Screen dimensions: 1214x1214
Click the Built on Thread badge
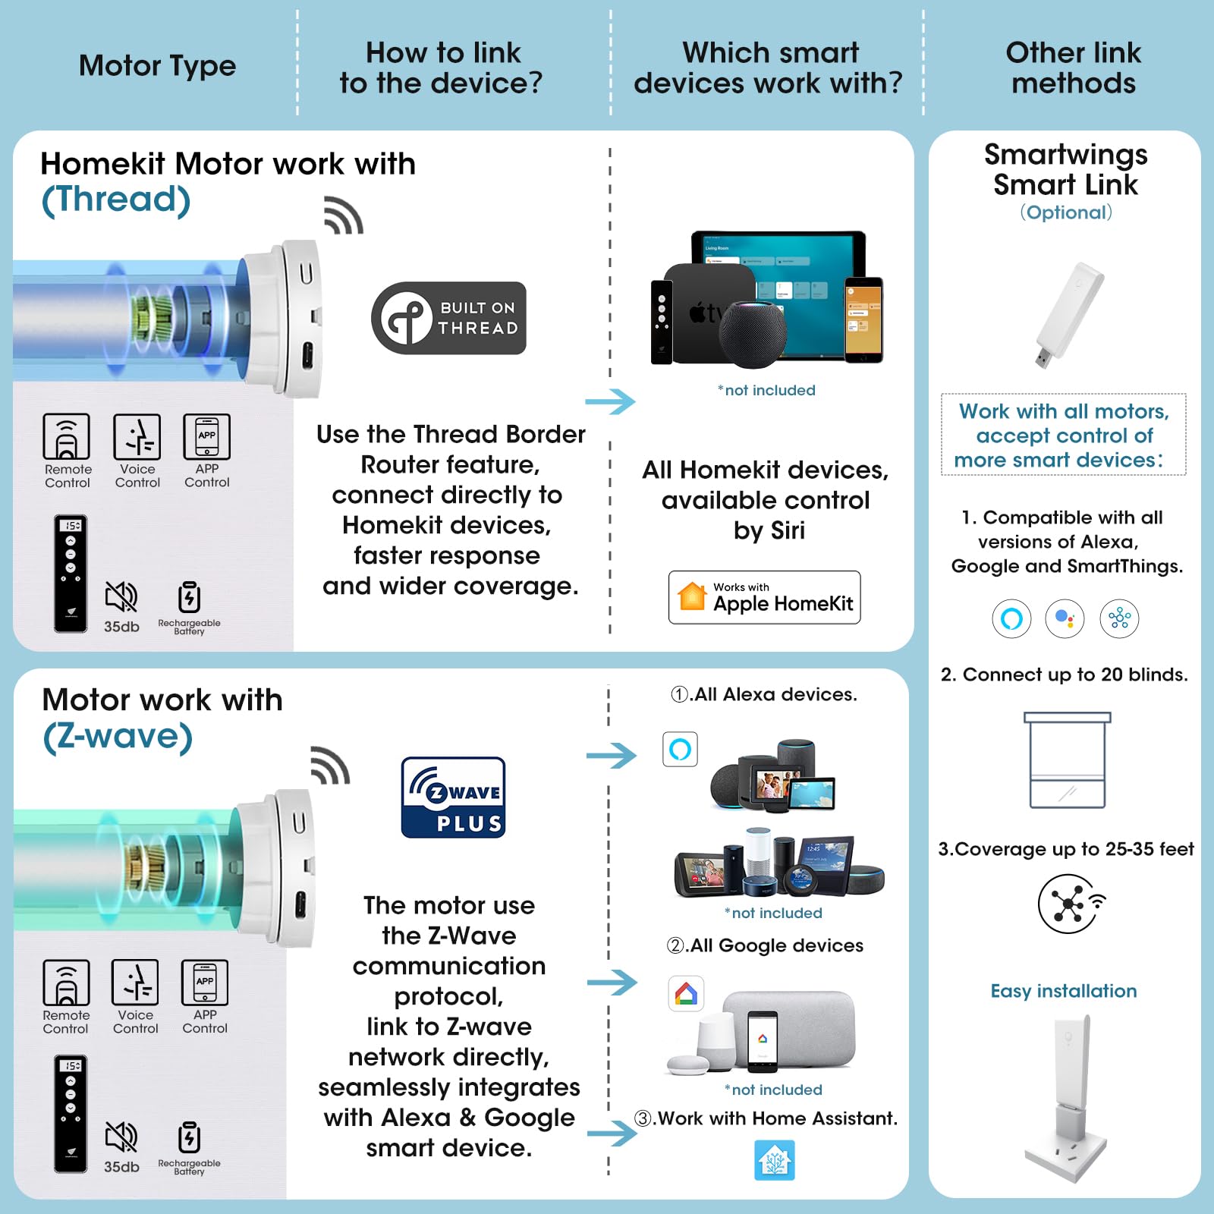[x=448, y=318]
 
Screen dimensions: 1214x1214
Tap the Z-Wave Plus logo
[x=453, y=797]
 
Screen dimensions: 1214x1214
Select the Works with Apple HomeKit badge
[x=764, y=597]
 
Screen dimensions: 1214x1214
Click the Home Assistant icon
[x=774, y=1160]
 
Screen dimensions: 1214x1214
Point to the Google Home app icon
[x=686, y=994]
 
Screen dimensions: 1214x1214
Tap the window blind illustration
[x=1067, y=760]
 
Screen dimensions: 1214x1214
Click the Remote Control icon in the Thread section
[x=67, y=437]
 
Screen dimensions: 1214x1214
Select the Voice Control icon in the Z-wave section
[x=135, y=983]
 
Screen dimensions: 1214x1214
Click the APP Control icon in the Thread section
[x=206, y=437]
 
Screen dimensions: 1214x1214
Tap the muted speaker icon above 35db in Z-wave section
[x=121, y=1137]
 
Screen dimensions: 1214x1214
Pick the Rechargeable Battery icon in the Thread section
[x=189, y=597]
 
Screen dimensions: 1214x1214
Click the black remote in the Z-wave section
[x=71, y=1113]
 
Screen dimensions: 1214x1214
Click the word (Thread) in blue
[x=116, y=200]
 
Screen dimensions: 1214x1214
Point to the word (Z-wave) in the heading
[x=118, y=736]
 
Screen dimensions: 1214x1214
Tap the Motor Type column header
[x=157, y=66]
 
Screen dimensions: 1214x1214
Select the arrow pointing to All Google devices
[x=612, y=983]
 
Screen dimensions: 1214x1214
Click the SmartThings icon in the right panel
[x=1119, y=618]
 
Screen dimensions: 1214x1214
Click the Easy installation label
[x=1063, y=991]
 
